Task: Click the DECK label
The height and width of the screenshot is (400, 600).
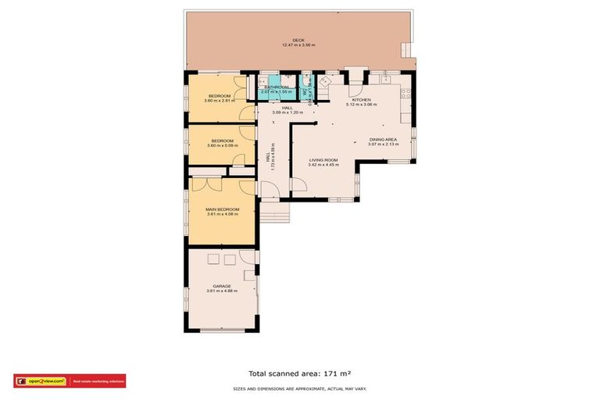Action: pos(298,40)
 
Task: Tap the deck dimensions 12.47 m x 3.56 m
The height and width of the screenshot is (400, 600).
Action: pos(298,45)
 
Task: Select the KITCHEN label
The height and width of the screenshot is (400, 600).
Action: pos(361,100)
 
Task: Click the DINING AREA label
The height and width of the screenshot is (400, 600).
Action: pos(384,140)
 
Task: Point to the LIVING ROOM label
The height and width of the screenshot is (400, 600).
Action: pos(323,159)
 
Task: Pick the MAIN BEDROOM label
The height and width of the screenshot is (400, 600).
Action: pos(222,209)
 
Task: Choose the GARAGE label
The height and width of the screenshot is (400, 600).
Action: pos(222,286)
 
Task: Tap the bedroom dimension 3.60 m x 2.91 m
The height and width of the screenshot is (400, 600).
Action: pos(219,101)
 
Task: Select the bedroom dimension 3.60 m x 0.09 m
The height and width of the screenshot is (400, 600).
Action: pos(219,145)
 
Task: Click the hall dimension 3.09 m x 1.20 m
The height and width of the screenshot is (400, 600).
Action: pos(287,113)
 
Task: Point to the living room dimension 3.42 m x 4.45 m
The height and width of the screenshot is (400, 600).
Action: pos(323,165)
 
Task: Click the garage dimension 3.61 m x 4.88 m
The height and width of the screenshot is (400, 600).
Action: pos(222,291)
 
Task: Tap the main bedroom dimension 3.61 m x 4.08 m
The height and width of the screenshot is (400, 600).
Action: pos(222,214)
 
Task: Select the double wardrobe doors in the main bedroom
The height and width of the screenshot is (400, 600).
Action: pos(206,184)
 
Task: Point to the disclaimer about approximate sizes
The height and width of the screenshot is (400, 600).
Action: pos(300,388)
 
